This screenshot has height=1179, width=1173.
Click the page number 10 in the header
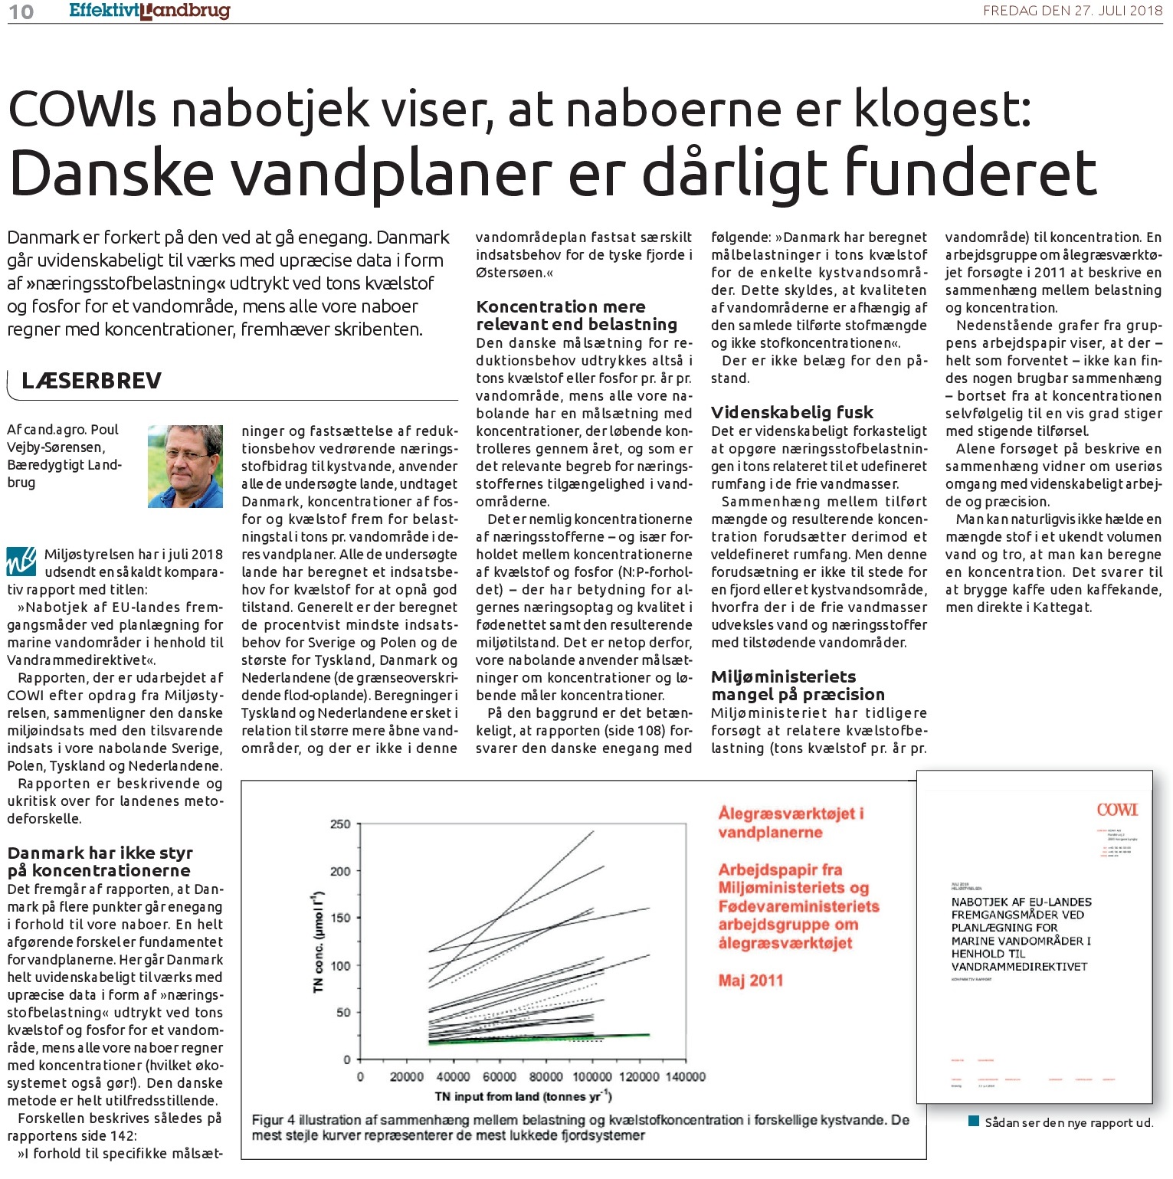(21, 11)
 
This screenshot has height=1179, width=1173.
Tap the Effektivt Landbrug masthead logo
(149, 11)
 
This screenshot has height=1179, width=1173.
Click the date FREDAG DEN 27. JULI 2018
(1073, 11)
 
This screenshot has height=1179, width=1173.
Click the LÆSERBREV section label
(91, 381)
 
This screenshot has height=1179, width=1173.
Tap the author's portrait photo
(185, 466)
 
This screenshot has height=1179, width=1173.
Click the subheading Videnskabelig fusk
(791, 412)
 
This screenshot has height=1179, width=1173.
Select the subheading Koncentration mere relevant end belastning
(576, 316)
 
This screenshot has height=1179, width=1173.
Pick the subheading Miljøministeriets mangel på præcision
(798, 686)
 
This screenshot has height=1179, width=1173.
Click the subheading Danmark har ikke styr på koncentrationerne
(100, 862)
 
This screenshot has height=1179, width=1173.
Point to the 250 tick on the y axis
(340, 824)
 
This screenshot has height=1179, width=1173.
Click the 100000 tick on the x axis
(592, 1076)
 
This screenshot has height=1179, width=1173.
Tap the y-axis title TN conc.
(319, 943)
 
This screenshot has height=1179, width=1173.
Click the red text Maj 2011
(750, 980)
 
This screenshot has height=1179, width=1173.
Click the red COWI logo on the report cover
(1116, 810)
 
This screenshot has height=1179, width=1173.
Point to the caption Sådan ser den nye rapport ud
(1068, 1122)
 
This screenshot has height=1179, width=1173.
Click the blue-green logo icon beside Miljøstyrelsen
(21, 560)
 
